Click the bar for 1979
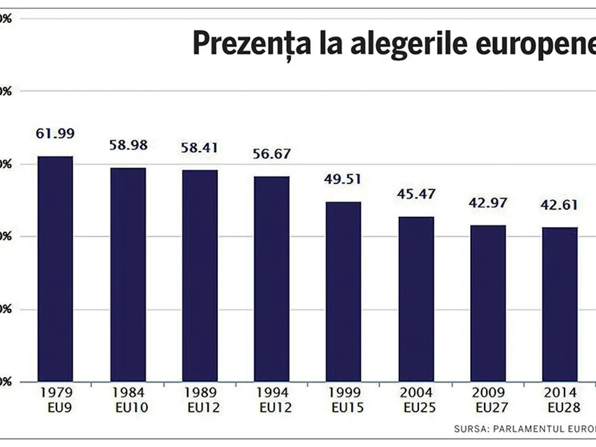(55, 269)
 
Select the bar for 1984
(128, 275)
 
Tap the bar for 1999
(343, 292)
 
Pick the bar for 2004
(416, 299)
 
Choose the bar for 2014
(560, 304)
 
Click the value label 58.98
(128, 146)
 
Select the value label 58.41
(200, 148)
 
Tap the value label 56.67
(272, 154)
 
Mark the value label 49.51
(343, 179)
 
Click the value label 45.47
(416, 194)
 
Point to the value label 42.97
(488, 203)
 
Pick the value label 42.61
(560, 205)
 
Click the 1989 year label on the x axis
(200, 393)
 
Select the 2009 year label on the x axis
(488, 393)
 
